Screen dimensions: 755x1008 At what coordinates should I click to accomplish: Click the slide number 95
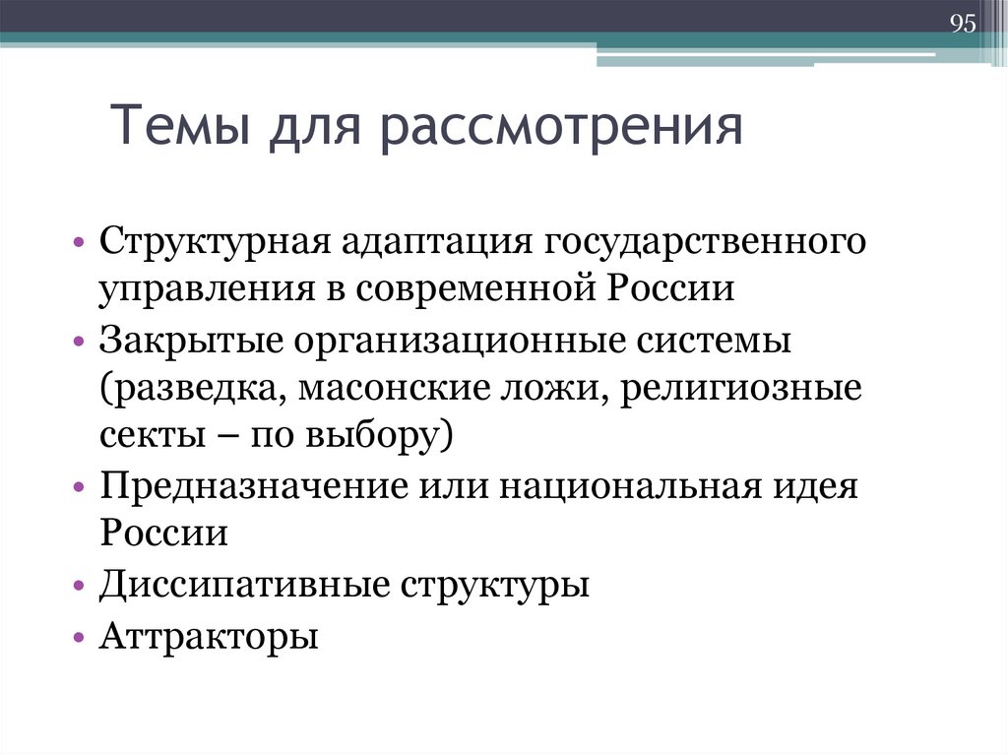click(x=962, y=25)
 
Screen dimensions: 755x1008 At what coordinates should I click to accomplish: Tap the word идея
click(x=820, y=487)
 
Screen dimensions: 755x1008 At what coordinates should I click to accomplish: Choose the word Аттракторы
click(x=209, y=637)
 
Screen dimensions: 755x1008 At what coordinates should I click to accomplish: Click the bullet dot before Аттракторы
click(x=78, y=638)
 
